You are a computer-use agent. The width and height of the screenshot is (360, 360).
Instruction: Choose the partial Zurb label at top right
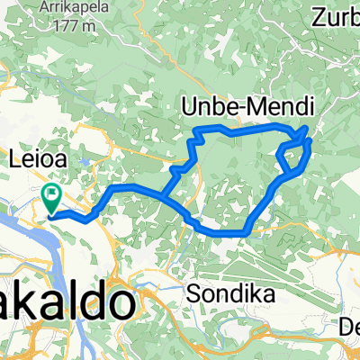[x=337, y=15]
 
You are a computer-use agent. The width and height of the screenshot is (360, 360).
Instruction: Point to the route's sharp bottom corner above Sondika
[x=244, y=234]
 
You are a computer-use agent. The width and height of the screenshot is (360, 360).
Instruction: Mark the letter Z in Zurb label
[x=320, y=15]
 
